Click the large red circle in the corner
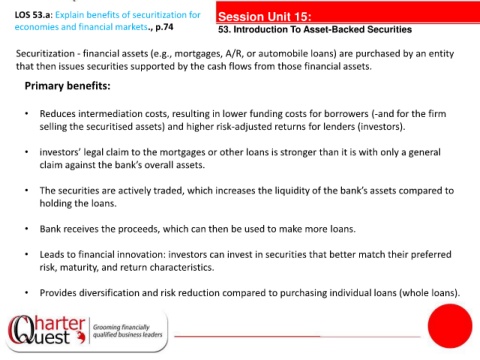pyautogui.click(x=450, y=326)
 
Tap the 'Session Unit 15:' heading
pyautogui.click(x=265, y=16)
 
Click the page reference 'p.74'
pyautogui.click(x=164, y=27)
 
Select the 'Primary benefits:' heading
pyautogui.click(x=67, y=86)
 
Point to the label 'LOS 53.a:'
pyautogui.click(x=34, y=15)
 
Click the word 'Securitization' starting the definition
pyautogui.click(x=45, y=54)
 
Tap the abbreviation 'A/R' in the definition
pyautogui.click(x=234, y=54)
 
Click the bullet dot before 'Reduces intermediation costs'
pyautogui.click(x=27, y=114)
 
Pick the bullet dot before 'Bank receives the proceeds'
pyautogui.click(x=27, y=229)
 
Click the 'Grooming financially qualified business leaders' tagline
pyautogui.click(x=128, y=331)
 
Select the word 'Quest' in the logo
pyautogui.click(x=41, y=336)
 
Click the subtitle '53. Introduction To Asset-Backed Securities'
pyautogui.click(x=315, y=30)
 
